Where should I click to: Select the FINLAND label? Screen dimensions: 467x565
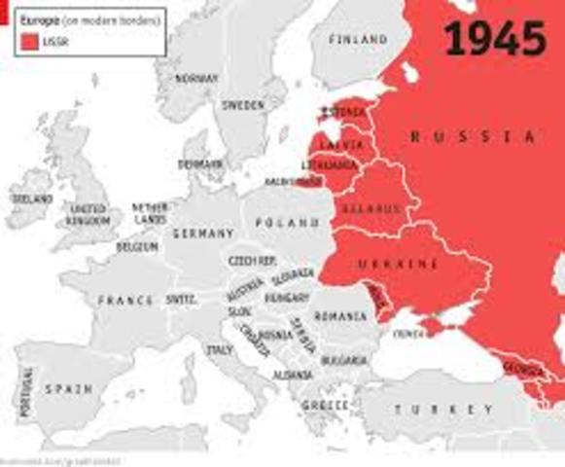357,40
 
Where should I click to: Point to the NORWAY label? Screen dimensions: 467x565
195,78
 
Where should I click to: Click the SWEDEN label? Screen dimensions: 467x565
242,104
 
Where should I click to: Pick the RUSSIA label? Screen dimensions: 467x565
473,137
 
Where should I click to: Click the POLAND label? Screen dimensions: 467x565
287,223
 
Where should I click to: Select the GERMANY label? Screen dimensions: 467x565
202,233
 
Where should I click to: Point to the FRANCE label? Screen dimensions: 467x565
125,301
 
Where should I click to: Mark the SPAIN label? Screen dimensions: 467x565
68,389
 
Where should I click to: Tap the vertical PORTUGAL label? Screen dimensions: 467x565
25,393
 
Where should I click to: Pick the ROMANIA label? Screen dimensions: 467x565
341,317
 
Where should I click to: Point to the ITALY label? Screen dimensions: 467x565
218,348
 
